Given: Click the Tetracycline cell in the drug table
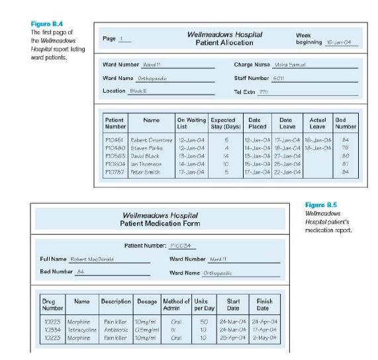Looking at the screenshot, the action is pos(82,330).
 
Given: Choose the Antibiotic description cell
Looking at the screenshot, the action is pos(115,330).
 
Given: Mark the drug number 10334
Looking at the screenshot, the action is pos(52,330).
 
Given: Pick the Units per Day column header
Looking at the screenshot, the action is pos(202,306).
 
